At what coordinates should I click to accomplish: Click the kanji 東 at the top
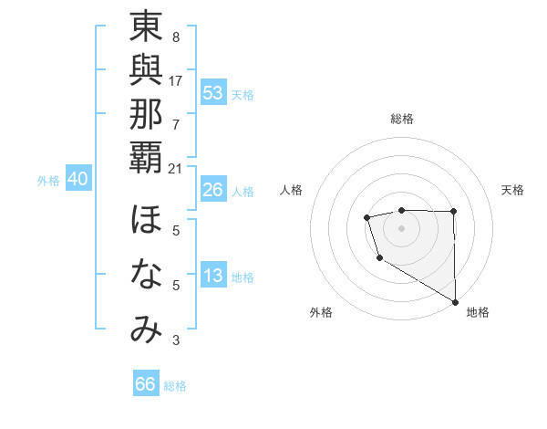click(x=146, y=28)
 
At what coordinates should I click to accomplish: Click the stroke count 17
click(x=176, y=80)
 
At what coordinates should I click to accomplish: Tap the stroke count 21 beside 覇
click(x=176, y=168)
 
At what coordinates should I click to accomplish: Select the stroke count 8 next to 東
click(x=175, y=37)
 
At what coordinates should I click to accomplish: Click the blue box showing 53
click(x=213, y=93)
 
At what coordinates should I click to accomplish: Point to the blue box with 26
click(x=213, y=190)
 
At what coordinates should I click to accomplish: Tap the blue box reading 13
click(x=213, y=276)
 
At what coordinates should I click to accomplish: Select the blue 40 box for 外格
click(x=77, y=180)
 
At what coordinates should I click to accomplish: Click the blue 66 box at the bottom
click(x=146, y=384)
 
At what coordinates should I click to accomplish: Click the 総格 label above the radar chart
click(x=401, y=119)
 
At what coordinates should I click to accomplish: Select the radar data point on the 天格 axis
click(x=454, y=211)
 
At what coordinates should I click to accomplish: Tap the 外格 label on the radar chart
click(x=321, y=313)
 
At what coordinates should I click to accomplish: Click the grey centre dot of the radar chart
click(x=401, y=226)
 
